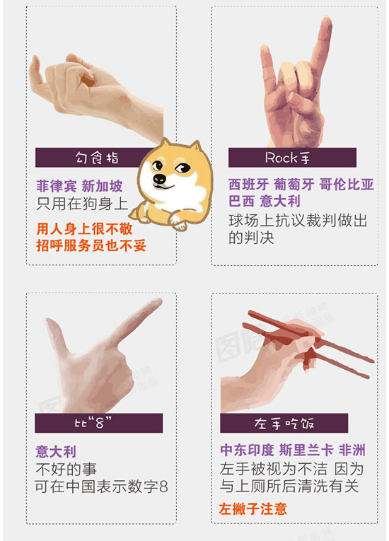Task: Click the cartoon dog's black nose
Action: coord(159,179)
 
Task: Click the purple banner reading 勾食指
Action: coord(93,158)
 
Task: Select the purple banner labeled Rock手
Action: coord(292,158)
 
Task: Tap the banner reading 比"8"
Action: coord(99,423)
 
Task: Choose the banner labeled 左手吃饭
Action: coord(284,423)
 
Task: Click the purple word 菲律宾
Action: coord(57,186)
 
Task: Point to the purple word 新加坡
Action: coord(102,186)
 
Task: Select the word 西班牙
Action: coord(248,185)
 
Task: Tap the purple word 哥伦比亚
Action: coord(347,185)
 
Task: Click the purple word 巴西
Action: coord(242,201)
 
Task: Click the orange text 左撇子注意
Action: coord(252,509)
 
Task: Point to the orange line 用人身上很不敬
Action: coord(85,228)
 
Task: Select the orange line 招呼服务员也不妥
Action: coord(91,245)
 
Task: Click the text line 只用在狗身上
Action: coord(82,204)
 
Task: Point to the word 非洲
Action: coord(352,450)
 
